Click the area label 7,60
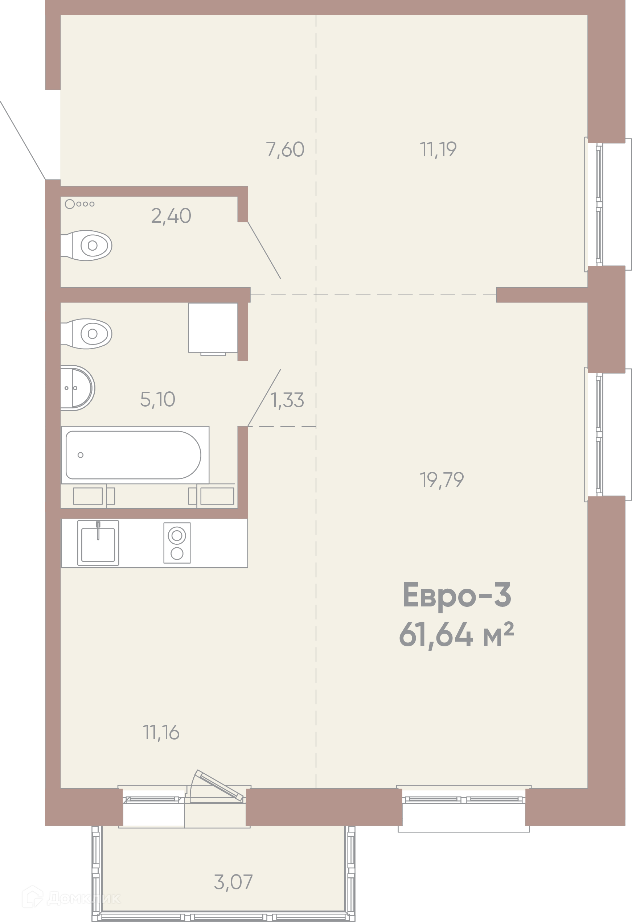coord(285,149)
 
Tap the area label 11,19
coord(438,149)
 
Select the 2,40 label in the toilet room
coord(171,216)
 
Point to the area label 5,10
coord(157,399)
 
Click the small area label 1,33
coord(287,400)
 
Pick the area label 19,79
coord(442,479)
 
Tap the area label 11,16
coord(161,732)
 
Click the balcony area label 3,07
coord(233,882)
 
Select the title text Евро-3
coord(457,595)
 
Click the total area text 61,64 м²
coord(456,634)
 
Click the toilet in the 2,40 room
coord(86,245)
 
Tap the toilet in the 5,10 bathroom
coord(86,334)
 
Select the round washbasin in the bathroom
coord(78,388)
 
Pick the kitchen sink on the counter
coord(98,543)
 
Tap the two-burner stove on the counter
coord(177,543)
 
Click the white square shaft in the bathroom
coord(213,328)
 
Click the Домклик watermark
coord(71,898)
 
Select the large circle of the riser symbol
coord(70,204)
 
